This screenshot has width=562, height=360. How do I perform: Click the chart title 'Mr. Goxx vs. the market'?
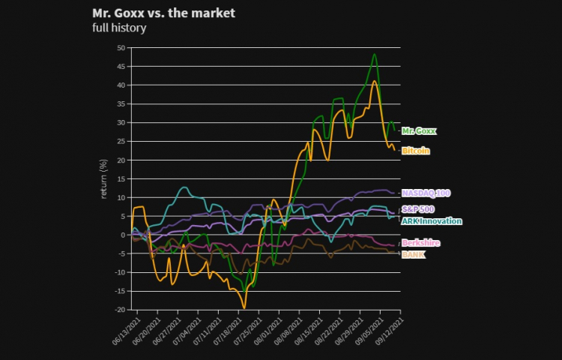[163, 13]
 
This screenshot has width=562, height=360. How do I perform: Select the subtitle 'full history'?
[119, 28]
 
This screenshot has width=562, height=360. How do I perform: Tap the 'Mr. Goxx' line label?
[419, 130]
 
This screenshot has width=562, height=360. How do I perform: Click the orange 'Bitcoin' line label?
[416, 151]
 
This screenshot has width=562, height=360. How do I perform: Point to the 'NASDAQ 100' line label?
[426, 193]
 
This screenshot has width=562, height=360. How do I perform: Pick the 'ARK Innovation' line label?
[432, 220]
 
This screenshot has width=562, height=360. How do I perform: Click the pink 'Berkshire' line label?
[420, 243]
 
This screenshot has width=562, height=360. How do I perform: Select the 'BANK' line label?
[413, 254]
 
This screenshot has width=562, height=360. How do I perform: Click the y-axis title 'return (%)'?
[104, 178]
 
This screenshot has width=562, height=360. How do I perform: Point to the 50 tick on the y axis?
[121, 47]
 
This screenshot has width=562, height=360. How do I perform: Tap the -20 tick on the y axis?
[119, 310]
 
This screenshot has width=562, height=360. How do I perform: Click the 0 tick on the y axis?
[123, 235]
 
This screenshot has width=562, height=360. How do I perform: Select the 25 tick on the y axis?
[121, 141]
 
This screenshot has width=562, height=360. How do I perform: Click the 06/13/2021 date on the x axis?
[126, 328]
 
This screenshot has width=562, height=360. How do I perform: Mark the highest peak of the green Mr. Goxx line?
[374, 54]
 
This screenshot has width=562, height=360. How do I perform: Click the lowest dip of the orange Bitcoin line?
[244, 307]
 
